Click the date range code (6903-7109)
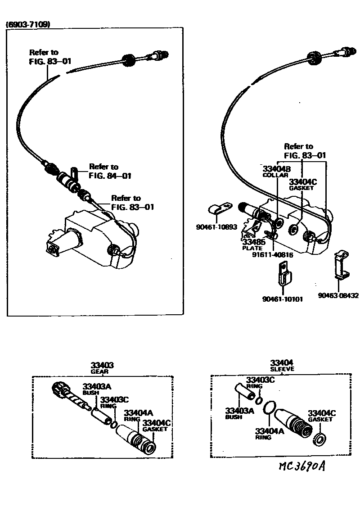coord(27,25)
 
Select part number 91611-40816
coord(272,255)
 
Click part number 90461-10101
coord(283,299)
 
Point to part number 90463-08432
coord(338,295)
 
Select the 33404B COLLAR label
coord(275,172)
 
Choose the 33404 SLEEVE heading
coord(282,365)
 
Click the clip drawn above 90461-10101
coord(283,275)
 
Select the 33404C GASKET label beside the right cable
coord(303,184)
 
